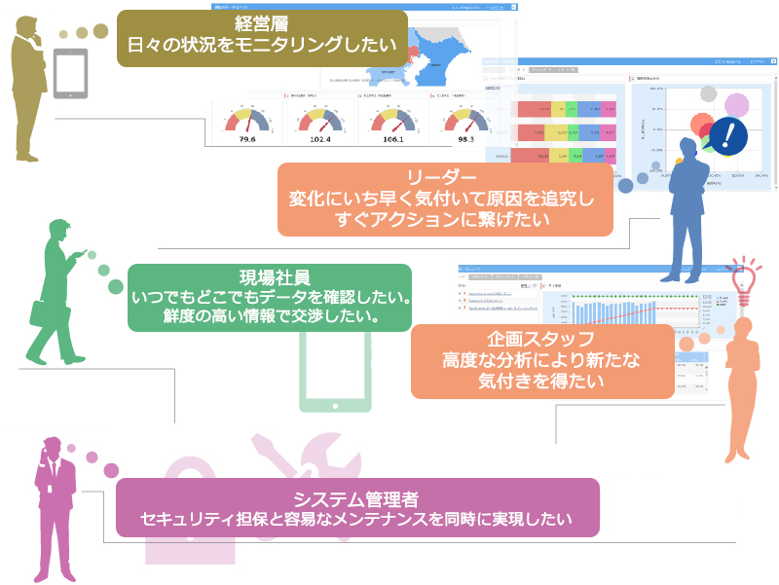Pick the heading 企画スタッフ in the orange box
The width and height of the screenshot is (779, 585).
click(542, 340)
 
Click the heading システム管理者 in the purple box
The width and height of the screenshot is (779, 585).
click(355, 499)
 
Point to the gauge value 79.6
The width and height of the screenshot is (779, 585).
click(247, 139)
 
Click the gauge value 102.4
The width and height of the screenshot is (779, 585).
click(318, 139)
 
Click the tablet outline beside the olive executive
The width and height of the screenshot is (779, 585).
click(70, 75)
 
